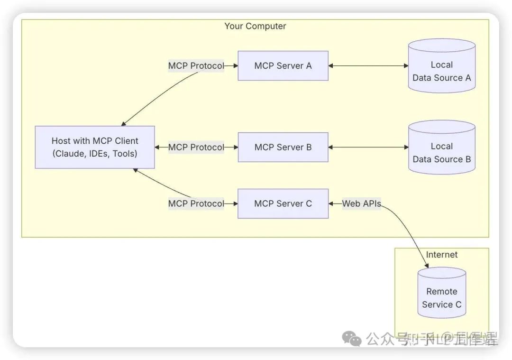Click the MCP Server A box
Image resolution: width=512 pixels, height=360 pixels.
coord(283,66)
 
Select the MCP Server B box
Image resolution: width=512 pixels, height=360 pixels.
coord(283,148)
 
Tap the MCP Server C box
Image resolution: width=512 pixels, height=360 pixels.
coord(283,203)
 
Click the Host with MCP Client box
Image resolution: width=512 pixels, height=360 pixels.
coord(95,147)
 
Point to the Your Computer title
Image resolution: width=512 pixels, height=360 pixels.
coord(255,26)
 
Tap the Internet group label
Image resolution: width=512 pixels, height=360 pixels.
coord(441,255)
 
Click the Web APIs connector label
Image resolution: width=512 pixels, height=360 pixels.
coord(361,203)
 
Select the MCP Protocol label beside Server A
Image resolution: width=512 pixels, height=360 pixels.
coord(196,66)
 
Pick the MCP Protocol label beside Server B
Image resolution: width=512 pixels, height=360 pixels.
coord(196,148)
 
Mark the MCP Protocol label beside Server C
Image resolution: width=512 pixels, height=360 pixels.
coord(196,203)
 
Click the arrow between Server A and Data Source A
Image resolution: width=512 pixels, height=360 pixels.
coord(368,66)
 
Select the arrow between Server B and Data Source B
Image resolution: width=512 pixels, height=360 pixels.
coord(368,148)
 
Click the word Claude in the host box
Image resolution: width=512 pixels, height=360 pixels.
coord(71,154)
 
